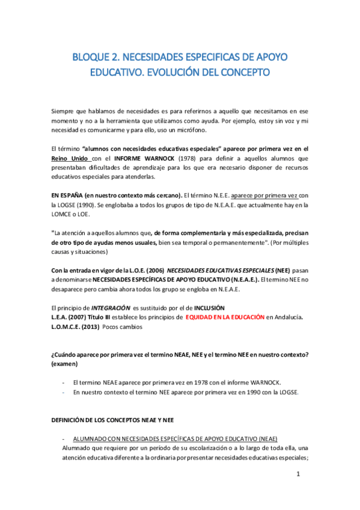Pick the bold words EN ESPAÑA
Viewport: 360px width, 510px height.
tap(67, 195)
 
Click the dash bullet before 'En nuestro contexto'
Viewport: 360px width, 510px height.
tap(64, 392)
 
